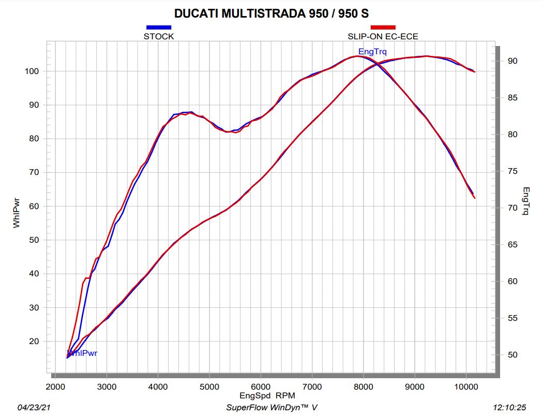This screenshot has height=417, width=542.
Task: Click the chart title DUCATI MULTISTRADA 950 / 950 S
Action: (x=271, y=13)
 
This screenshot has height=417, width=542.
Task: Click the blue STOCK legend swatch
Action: (x=158, y=27)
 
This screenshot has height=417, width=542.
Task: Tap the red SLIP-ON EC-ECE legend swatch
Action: (x=383, y=27)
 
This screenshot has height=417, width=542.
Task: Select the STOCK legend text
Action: (x=158, y=36)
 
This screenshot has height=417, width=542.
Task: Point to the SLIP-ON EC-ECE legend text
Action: (x=383, y=36)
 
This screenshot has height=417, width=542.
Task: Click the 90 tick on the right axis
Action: (x=513, y=61)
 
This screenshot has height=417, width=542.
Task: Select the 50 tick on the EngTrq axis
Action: (x=513, y=355)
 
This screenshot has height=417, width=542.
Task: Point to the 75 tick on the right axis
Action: (x=513, y=171)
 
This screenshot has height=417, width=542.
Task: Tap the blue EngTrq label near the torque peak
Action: (x=372, y=51)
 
